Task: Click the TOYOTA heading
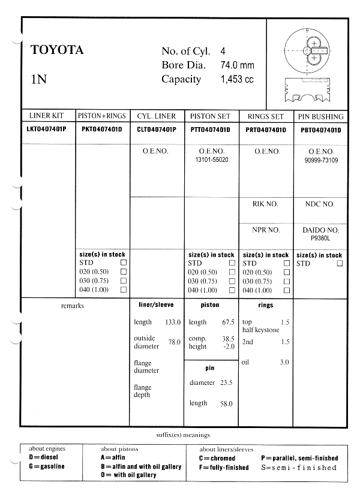(57, 50)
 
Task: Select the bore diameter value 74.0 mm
(238, 65)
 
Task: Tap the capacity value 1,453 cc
(238, 80)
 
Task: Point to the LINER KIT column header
(47, 116)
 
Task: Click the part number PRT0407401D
(266, 129)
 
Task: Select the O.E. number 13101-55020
(212, 160)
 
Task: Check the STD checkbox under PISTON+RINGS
(124, 263)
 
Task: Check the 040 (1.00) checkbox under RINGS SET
(286, 290)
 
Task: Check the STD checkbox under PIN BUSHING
(340, 263)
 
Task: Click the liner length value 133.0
(173, 323)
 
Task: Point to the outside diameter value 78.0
(174, 342)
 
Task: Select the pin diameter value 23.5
(226, 382)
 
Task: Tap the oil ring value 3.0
(284, 362)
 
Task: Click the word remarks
(73, 306)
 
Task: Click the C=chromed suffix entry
(217, 458)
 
